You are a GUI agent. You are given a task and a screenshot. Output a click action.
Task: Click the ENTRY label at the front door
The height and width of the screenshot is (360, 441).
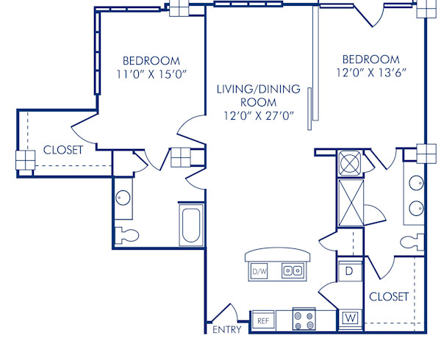point(226,330)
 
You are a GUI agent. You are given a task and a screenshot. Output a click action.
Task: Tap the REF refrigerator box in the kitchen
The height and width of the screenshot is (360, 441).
point(263,320)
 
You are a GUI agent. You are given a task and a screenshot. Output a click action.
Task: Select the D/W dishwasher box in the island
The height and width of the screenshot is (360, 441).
point(258,272)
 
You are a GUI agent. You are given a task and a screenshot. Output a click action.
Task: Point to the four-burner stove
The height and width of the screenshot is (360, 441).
point(304,320)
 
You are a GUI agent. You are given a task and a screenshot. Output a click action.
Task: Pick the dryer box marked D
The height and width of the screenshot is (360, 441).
point(350,271)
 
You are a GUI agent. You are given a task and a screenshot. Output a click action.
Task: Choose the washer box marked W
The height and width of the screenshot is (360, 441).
point(350,319)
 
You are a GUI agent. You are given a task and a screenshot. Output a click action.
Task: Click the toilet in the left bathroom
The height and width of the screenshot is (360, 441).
point(126,234)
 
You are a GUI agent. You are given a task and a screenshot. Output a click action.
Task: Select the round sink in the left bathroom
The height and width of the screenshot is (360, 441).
point(123,198)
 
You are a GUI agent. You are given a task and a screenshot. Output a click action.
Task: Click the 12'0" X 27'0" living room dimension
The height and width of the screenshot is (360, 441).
point(258,115)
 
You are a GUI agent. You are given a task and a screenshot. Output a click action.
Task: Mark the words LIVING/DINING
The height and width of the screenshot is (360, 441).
point(258,90)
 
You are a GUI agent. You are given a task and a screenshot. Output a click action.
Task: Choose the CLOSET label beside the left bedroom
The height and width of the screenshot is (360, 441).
point(63,150)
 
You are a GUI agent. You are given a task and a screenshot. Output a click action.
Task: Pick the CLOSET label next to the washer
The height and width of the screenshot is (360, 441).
point(389,297)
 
